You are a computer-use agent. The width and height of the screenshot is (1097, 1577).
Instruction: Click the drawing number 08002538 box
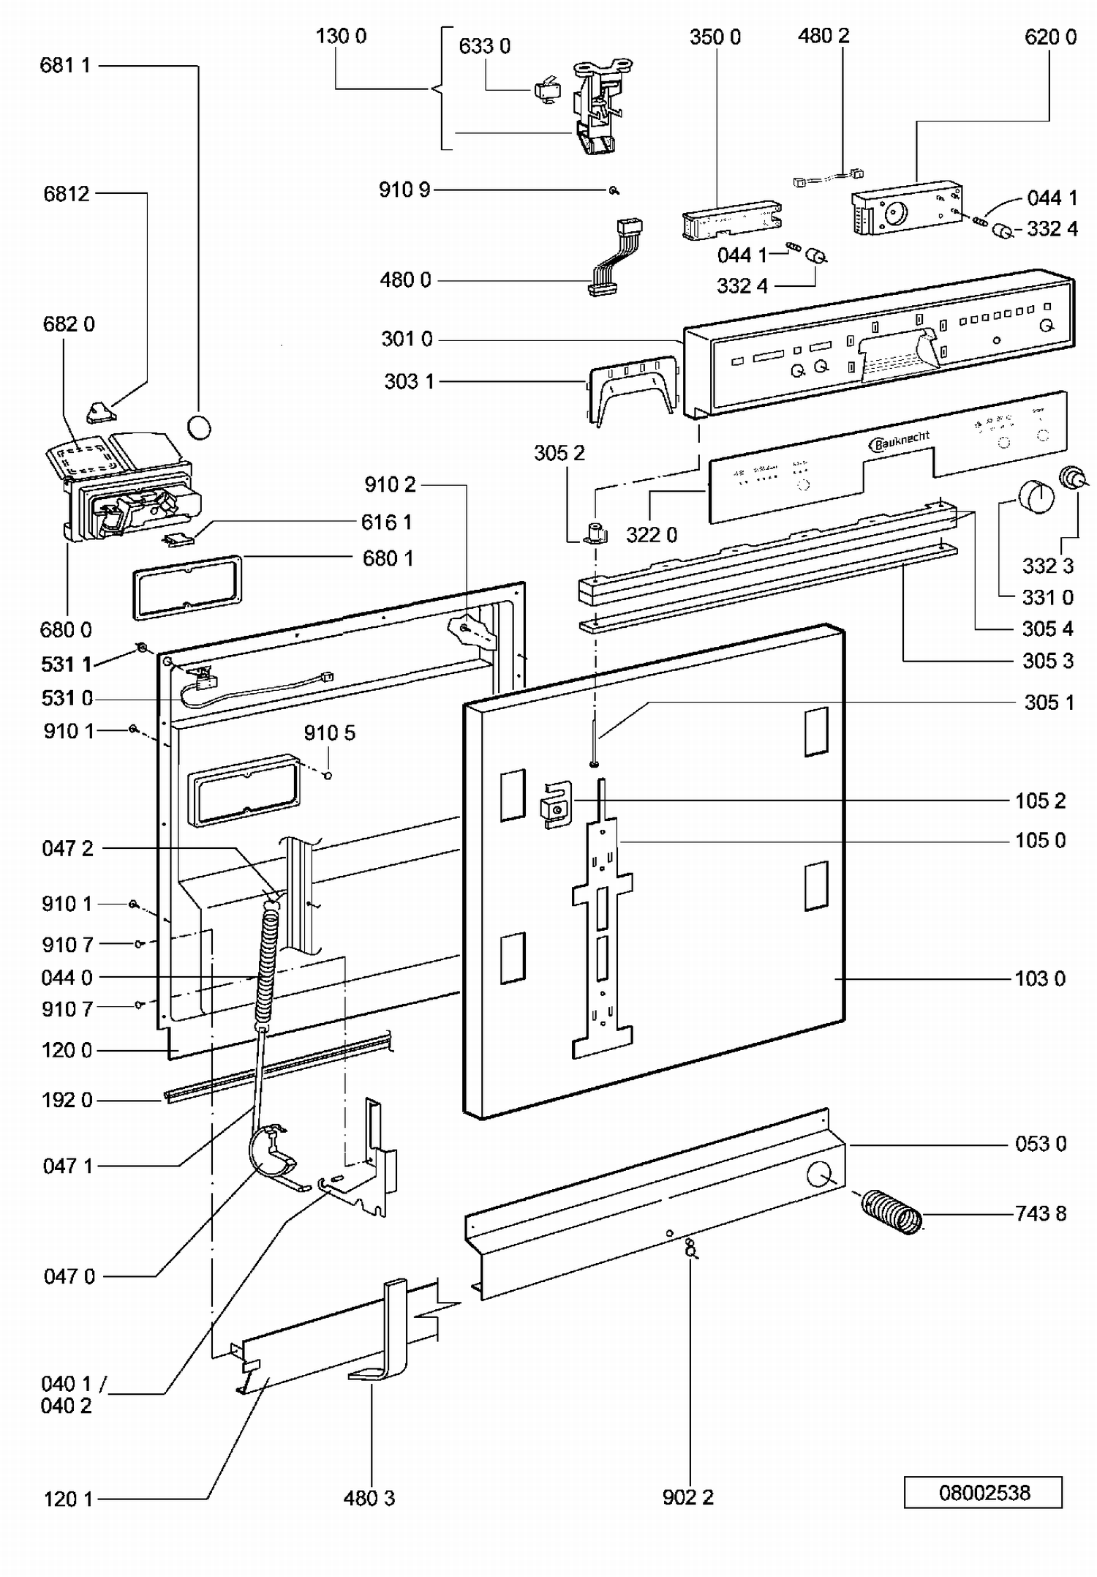tap(983, 1492)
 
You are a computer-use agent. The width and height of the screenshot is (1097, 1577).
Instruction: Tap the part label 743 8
tap(1040, 1213)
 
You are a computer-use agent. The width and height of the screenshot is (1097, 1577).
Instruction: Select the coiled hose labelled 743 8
tap(891, 1213)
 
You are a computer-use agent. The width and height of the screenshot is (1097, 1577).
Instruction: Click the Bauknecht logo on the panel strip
tap(900, 441)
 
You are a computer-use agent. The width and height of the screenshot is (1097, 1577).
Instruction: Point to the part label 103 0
tap(1040, 978)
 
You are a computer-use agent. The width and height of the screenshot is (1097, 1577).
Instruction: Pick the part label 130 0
tap(341, 36)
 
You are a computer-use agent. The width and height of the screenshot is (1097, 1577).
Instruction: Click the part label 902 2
tap(687, 1497)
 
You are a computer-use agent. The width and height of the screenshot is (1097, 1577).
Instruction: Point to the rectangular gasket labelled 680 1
tap(187, 587)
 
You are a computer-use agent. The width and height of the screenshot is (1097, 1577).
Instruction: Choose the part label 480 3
tap(369, 1498)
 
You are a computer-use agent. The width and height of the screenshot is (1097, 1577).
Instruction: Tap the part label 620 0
tap(1050, 37)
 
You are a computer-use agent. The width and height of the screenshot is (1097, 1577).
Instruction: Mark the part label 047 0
tap(69, 1276)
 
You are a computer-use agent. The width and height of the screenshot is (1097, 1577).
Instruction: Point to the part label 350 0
tap(715, 37)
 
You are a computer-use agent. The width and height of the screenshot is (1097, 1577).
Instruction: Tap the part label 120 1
tap(69, 1499)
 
